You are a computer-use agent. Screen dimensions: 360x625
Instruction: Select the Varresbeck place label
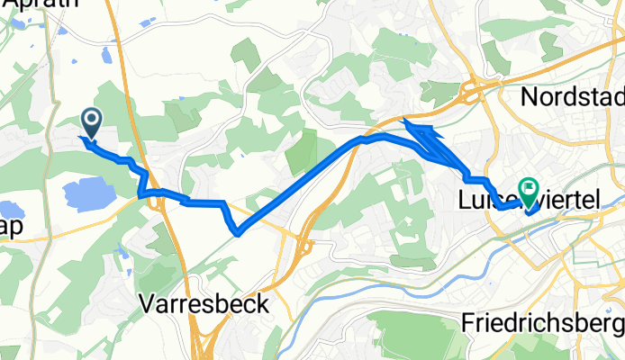[204, 304]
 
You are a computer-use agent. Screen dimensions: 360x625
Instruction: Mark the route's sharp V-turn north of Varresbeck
[237, 233]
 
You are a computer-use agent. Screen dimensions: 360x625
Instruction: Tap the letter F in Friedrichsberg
[467, 322]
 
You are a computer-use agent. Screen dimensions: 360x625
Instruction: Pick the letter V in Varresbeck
[148, 304]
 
